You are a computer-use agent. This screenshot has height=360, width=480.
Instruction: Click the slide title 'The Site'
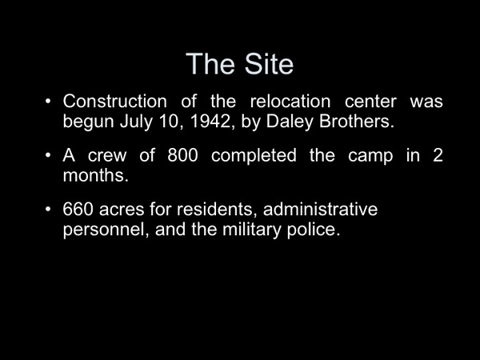tap(240, 64)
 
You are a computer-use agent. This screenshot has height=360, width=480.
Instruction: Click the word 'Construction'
tap(114, 101)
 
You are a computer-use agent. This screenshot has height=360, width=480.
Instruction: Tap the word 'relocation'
tap(290, 101)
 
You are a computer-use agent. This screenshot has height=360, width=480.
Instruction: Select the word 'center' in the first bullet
tap(370, 102)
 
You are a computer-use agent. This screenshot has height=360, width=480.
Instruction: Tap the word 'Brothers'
tap(356, 122)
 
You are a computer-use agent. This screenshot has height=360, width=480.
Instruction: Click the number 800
tap(182, 155)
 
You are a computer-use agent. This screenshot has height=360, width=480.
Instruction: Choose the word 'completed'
tap(254, 156)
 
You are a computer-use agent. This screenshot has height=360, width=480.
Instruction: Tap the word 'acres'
tap(122, 210)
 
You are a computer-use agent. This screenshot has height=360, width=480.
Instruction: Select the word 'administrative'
tap(320, 210)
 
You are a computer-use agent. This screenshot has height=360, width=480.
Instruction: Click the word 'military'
tap(251, 230)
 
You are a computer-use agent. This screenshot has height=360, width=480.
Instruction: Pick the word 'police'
tap(314, 230)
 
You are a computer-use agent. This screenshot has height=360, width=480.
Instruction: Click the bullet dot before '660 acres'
tap(48, 210)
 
